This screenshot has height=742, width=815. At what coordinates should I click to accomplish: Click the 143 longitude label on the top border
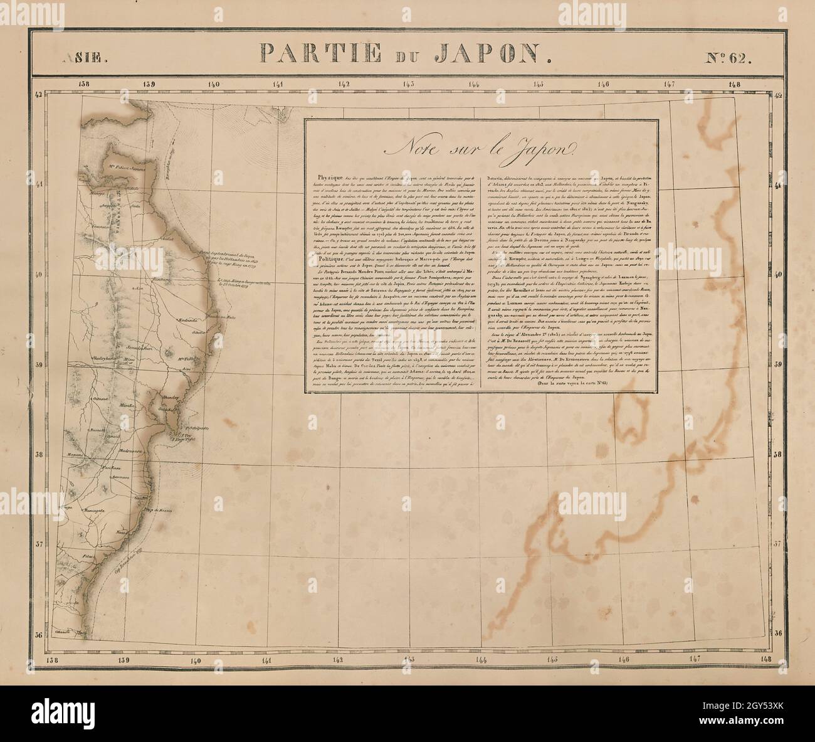(x=409, y=86)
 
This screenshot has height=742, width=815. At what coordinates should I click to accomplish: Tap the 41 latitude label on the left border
(x=38, y=184)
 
